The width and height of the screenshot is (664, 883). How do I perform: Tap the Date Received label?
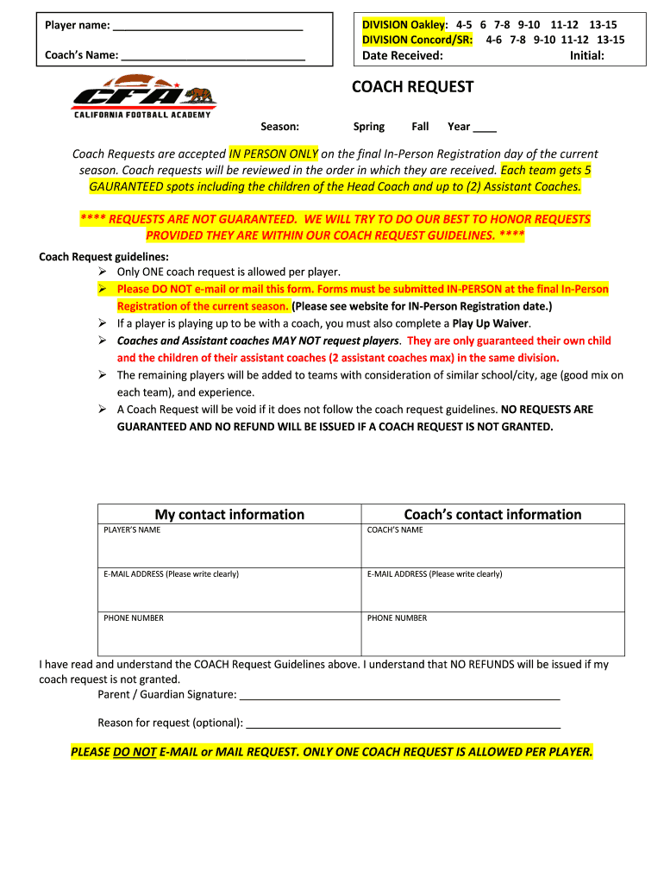pos(402,56)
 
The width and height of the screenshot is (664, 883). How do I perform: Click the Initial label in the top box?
pos(586,56)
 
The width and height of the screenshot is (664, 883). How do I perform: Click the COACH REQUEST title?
pos(412,87)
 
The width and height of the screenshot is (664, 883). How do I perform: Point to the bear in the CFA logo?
pos(200,94)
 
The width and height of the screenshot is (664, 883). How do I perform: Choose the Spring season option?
pos(369,127)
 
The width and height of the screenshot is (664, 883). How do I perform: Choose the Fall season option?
pos(420,127)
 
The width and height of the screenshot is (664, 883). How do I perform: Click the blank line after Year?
pos(485,128)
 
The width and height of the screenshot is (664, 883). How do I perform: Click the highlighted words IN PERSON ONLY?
pos(273,154)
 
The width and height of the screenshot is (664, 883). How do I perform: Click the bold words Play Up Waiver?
pos(492,323)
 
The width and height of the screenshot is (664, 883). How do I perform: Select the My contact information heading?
pos(229,515)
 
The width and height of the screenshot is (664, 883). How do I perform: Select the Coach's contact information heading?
pos(492,515)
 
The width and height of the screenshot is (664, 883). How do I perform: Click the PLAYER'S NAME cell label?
pos(132,530)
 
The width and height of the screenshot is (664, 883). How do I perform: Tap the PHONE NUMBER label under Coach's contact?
pos(397,618)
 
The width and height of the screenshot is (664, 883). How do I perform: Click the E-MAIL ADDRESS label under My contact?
pos(171,574)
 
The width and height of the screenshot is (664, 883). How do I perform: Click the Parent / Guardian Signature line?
pos(399,695)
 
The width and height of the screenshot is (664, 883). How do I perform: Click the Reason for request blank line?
pos(404,723)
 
